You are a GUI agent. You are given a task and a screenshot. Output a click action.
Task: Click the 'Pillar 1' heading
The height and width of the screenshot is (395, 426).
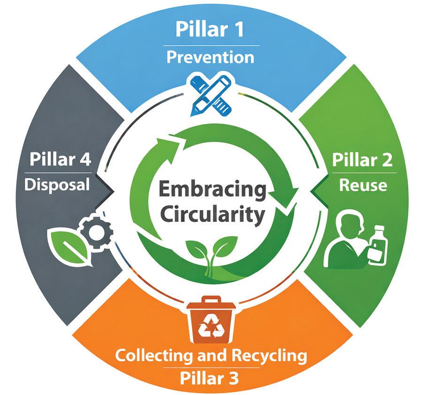coord(210,30)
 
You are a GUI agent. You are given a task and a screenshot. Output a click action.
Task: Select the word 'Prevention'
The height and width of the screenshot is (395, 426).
coord(210,58)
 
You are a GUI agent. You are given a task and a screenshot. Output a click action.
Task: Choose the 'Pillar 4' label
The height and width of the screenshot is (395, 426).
coord(60,160)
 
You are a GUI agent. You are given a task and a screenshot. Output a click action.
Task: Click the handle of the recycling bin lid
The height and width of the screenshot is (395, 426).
coord(211,300)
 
